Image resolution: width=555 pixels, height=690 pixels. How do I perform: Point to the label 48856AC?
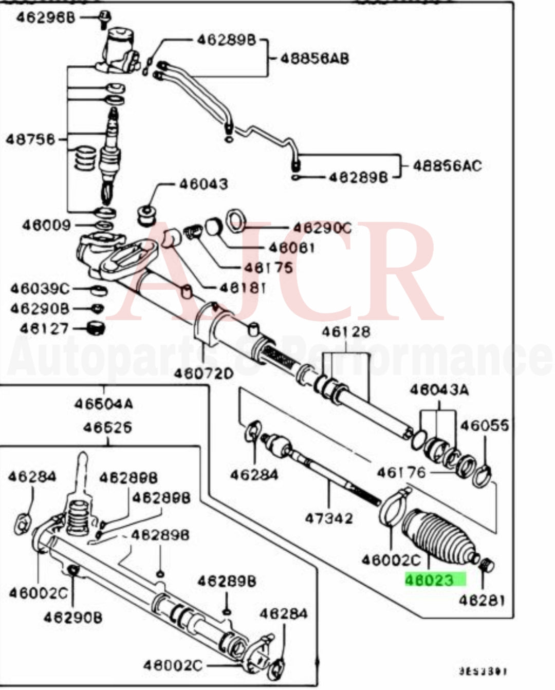[448, 166]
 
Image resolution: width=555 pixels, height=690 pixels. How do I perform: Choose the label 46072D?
[203, 373]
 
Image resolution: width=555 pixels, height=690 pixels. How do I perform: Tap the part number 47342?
[329, 518]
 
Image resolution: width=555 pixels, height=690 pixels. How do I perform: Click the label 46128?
[345, 332]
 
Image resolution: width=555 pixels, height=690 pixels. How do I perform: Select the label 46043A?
[439, 390]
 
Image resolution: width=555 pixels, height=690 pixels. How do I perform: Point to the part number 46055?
[484, 425]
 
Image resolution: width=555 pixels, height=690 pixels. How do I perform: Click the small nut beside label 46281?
[486, 566]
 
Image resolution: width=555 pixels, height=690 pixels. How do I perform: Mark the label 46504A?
[104, 404]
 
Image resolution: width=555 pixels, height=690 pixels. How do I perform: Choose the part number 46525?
[107, 427]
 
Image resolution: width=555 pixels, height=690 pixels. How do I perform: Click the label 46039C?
[40, 289]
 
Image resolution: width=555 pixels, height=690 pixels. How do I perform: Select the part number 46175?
[268, 268]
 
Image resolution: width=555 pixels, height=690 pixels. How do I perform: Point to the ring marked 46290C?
[236, 219]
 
